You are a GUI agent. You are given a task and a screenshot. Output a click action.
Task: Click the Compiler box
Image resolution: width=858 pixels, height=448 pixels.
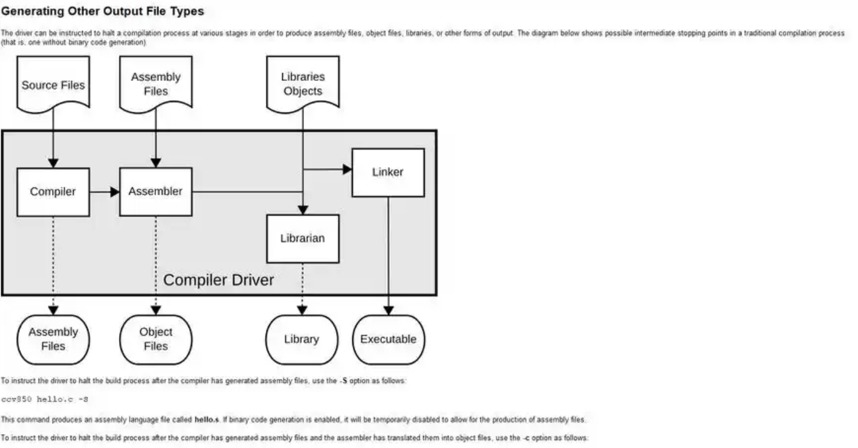53,192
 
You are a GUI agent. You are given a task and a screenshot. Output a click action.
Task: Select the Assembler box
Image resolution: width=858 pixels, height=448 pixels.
155,192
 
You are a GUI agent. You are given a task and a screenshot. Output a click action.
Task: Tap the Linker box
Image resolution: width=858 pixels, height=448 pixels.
387,172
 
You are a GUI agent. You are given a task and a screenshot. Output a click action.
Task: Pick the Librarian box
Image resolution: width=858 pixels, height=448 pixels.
302,238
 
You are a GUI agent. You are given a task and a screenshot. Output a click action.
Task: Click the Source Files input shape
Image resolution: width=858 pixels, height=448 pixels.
53,85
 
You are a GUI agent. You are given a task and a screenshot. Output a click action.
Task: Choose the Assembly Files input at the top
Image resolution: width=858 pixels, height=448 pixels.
156,84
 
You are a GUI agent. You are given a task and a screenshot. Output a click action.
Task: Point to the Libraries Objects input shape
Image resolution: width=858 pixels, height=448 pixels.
303,84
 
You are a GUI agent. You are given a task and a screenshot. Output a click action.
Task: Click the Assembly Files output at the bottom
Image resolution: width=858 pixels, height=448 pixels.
53,339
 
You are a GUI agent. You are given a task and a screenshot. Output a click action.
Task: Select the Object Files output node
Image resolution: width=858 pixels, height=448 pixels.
156,339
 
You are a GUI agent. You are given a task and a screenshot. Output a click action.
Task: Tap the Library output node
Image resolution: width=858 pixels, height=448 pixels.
302,339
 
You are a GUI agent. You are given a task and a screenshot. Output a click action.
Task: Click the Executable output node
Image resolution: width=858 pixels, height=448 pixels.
389,339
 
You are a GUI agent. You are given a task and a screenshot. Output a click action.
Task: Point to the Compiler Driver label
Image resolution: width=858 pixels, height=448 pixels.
219,280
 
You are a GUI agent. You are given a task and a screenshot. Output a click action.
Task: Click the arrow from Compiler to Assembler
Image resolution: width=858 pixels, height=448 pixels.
105,192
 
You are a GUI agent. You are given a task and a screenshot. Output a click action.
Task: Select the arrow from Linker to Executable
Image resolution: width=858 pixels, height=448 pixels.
389,254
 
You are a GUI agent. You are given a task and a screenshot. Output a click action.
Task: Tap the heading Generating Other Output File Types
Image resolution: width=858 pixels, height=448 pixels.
103,11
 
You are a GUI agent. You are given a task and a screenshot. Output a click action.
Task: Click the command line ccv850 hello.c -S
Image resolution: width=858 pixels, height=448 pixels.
45,399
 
